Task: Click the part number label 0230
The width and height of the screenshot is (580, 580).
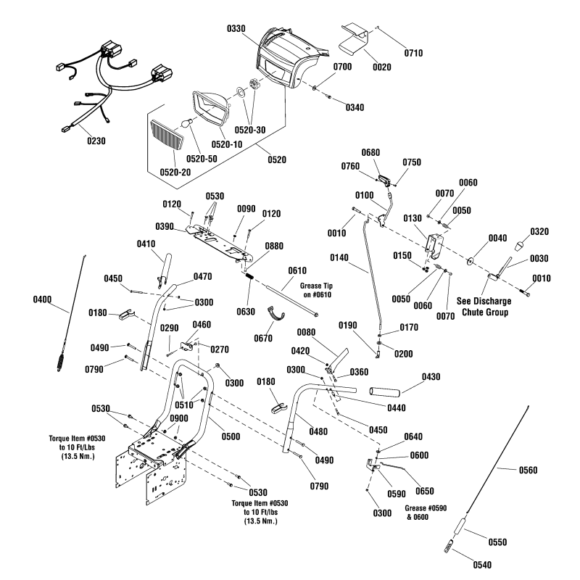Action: (x=94, y=141)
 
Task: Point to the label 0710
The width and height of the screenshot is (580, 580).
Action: (x=412, y=53)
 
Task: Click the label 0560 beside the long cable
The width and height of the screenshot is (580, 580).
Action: (x=528, y=471)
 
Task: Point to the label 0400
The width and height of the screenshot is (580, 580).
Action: (x=43, y=298)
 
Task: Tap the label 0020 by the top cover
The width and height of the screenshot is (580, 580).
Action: (x=381, y=67)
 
